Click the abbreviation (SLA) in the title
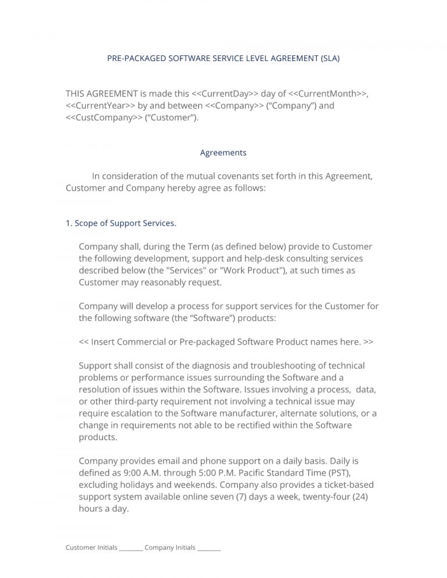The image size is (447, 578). (329, 58)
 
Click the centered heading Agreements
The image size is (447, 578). (223, 153)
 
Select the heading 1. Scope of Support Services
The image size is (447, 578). (121, 223)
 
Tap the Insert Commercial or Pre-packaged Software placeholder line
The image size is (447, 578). (226, 342)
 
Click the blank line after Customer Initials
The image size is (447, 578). (131, 548)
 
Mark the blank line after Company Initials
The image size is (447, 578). (209, 548)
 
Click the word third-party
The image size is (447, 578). (130, 401)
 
